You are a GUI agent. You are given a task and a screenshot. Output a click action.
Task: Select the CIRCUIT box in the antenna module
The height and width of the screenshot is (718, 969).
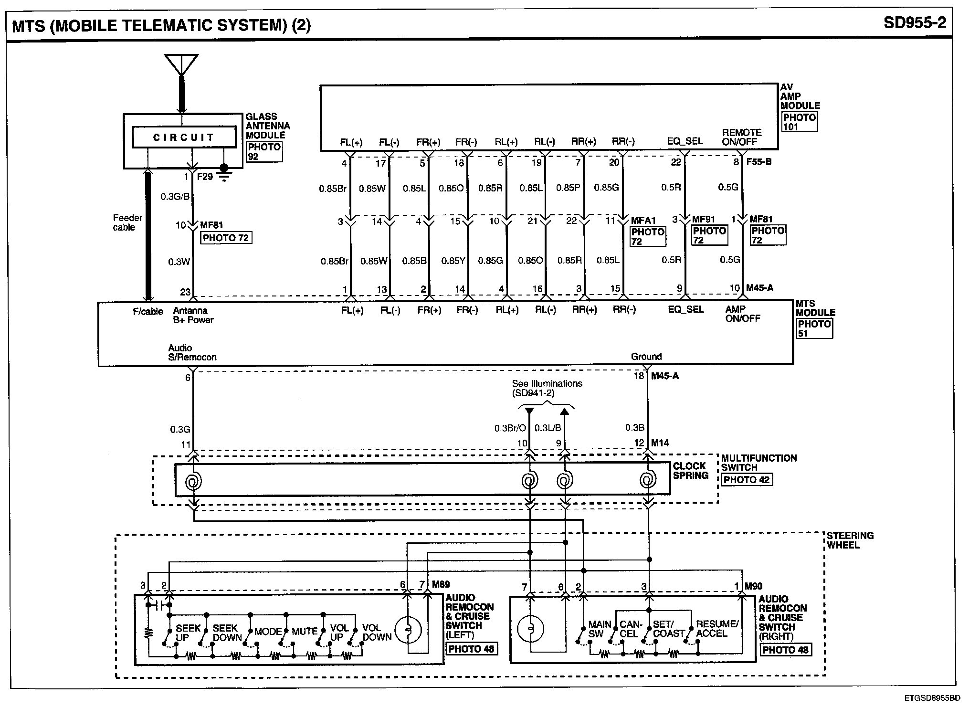pos(184,137)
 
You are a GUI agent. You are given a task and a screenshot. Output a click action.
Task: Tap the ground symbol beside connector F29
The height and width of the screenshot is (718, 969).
pos(223,172)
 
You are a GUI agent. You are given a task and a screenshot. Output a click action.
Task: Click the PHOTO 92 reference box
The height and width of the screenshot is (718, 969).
pos(264,151)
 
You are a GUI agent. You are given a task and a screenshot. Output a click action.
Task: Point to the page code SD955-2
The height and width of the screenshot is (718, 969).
pos(914,22)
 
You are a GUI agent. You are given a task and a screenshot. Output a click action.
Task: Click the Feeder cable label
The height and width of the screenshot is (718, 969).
pos(127,222)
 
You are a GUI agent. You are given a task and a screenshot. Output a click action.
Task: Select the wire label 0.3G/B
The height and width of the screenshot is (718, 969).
pos(175,197)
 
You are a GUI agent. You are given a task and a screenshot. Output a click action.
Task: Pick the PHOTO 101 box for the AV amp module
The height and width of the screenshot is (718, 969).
pos(800,122)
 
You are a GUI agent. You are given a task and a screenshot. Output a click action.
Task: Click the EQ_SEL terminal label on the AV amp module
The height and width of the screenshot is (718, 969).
pos(685,141)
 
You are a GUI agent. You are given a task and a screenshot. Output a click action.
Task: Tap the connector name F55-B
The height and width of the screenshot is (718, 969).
pos(758,162)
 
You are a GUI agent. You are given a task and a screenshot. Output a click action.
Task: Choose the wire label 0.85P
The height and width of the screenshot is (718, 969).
pos(568,188)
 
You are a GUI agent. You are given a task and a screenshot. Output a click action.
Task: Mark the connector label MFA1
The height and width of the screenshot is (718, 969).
pos(643,221)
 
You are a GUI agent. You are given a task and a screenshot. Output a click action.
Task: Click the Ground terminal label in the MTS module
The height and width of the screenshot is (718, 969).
pos(646,357)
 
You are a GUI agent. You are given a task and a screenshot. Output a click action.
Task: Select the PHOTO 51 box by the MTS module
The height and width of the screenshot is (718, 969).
pos(814,328)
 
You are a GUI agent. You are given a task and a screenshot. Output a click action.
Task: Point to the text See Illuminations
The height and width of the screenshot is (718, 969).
pos(547,383)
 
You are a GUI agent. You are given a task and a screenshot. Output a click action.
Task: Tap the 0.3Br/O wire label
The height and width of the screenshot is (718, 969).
pos(510,428)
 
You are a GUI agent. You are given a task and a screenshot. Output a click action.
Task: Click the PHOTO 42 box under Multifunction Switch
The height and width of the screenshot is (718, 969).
pos(747,480)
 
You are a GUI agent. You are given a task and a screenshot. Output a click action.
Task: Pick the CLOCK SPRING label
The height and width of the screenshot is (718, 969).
pos(690,471)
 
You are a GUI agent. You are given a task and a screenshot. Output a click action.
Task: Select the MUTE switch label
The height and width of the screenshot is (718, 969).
pos(305,632)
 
